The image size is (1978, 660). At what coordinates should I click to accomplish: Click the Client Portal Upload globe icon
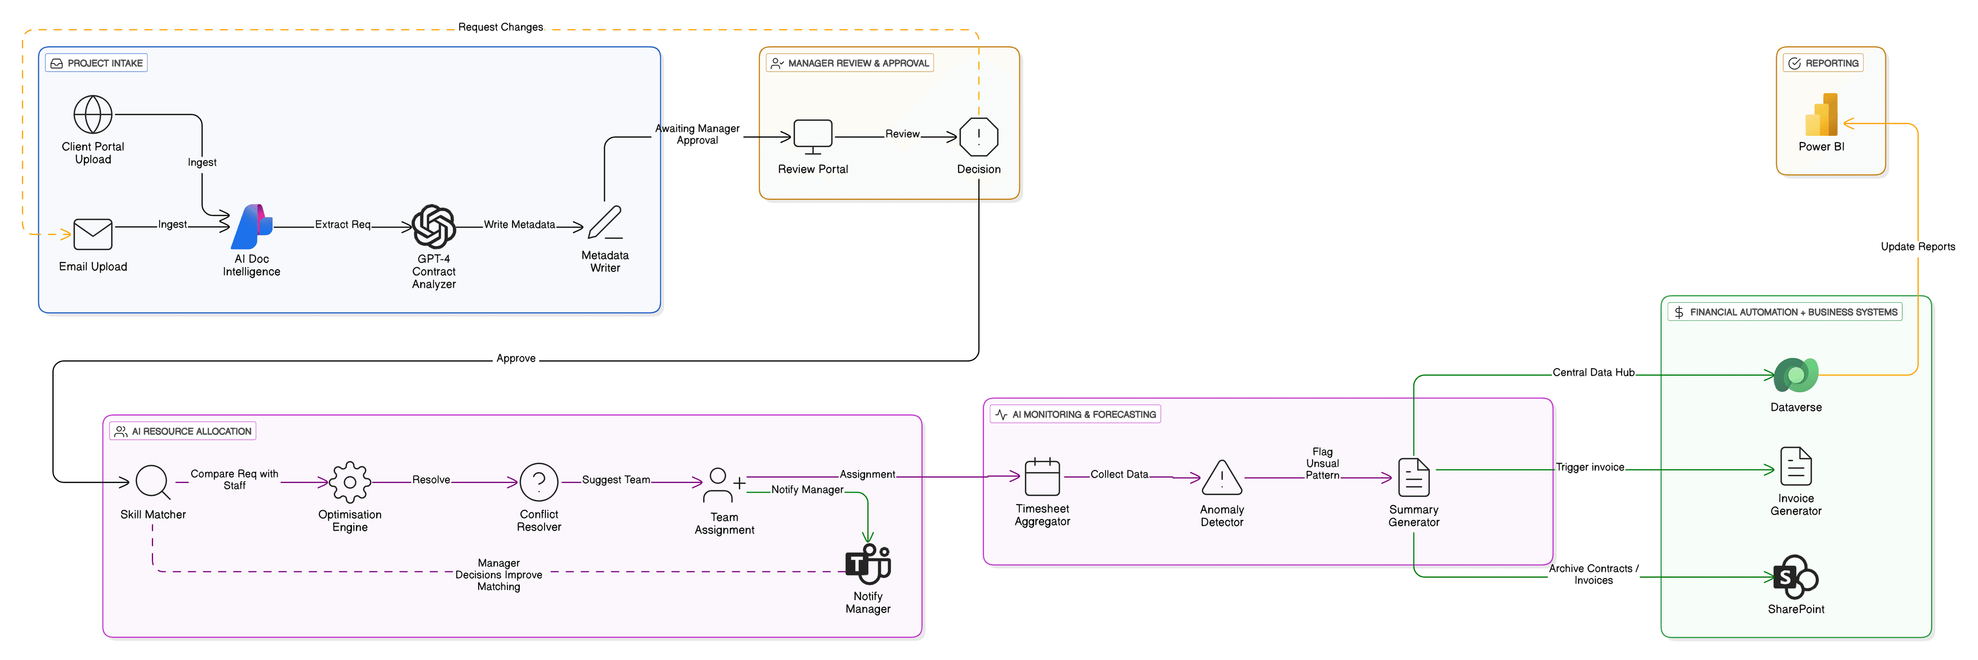[x=93, y=114]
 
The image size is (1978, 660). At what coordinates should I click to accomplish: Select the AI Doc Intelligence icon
[x=252, y=227]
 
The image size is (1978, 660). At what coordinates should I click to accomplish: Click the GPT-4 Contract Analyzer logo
[x=434, y=227]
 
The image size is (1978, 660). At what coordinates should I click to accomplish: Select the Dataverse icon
[x=1796, y=375]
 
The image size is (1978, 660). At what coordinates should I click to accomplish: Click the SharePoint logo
[x=1796, y=577]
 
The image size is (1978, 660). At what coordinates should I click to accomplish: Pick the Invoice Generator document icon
[x=1796, y=466]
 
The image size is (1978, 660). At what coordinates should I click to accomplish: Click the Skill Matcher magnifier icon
[x=153, y=482]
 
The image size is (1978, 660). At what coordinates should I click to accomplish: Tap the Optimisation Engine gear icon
[x=350, y=482]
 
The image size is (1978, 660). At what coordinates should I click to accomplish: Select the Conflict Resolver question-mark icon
[x=539, y=482]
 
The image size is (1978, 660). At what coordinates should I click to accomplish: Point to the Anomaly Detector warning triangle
[x=1222, y=478]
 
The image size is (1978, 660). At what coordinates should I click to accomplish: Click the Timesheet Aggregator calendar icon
[x=1042, y=477]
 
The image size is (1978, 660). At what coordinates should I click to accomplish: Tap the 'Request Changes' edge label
[x=501, y=27]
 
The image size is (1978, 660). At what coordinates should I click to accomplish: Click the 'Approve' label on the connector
[x=516, y=358]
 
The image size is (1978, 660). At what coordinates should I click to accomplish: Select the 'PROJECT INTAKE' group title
[x=105, y=63]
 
